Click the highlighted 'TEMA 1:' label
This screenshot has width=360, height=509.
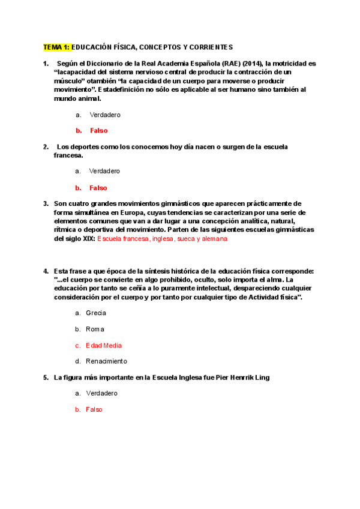[56, 47]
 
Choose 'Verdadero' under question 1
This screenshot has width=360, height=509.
[105, 114]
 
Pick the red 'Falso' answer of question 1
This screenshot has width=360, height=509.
[98, 130]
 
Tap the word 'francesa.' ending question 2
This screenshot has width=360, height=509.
[68, 155]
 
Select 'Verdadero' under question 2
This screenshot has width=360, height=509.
[105, 171]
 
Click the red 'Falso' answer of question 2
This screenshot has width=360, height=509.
[98, 188]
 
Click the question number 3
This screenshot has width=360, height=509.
[46, 203]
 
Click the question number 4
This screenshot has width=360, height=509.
[46, 271]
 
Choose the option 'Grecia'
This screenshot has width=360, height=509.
[96, 313]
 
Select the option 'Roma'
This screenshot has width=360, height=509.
[95, 329]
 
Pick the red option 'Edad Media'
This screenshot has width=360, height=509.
[104, 345]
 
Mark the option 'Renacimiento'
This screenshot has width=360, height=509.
[107, 361]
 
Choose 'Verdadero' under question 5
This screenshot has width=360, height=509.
[105, 393]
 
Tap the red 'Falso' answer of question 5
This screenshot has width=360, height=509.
[94, 409]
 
